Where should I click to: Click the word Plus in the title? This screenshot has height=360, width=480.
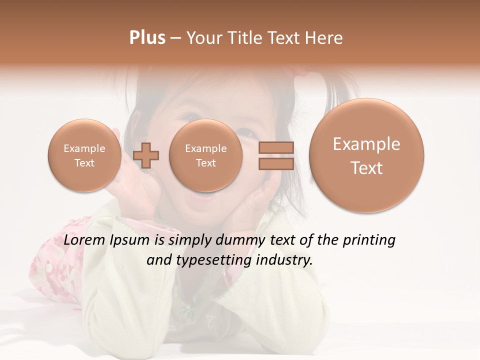[147, 37]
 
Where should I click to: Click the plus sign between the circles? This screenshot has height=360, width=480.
[146, 155]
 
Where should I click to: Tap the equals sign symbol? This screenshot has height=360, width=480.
[275, 155]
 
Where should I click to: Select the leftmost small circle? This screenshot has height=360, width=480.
[84, 155]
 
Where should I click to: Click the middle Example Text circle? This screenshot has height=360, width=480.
[205, 155]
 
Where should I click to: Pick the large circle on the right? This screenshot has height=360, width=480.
[366, 155]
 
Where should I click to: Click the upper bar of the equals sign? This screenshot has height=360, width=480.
[275, 147]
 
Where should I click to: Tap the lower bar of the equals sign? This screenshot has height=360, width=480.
[275, 164]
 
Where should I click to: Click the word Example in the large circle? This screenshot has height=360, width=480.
[366, 144]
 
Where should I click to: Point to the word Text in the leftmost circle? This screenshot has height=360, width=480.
[84, 163]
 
